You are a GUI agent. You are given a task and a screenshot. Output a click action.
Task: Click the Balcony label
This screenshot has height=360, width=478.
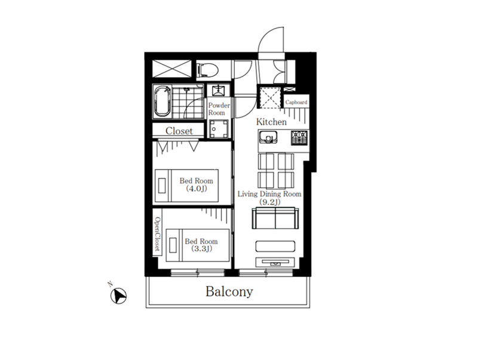pyautogui.click(x=229, y=291)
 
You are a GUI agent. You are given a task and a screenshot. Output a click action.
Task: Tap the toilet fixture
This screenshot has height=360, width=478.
pyautogui.click(x=207, y=70)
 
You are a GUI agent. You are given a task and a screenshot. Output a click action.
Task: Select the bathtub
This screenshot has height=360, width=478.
pyautogui.click(x=162, y=101)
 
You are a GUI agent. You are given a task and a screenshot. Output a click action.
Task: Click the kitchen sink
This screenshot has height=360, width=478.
pyautogui.click(x=268, y=137)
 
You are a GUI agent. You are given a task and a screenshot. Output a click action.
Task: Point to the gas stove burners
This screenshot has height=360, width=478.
pyautogui.click(x=299, y=138)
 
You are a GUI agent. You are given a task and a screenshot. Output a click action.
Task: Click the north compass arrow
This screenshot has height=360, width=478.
pyautogui.click(x=118, y=296)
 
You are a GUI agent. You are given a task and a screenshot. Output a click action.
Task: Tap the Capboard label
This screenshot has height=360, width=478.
pyautogui.click(x=296, y=102)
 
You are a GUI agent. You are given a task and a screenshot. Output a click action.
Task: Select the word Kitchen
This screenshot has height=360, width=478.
pyautogui.click(x=271, y=122)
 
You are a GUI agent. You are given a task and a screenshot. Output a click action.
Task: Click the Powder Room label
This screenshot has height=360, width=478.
pyautogui.click(x=219, y=109)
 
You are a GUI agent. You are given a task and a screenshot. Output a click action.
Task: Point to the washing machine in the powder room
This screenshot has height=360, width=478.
pyautogui.click(x=219, y=129)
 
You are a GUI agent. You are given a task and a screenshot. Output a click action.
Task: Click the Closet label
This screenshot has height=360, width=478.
pyautogui.click(x=179, y=131)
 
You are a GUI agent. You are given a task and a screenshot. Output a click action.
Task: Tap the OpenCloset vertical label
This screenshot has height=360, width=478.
pyautogui.click(x=157, y=234)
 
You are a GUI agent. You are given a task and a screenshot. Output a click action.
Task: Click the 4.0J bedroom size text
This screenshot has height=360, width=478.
pyautogui.click(x=197, y=189)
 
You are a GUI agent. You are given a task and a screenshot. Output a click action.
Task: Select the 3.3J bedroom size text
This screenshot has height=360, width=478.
pyautogui.click(x=201, y=249)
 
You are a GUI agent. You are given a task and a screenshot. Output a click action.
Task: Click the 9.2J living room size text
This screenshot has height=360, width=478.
pyautogui.click(x=270, y=202)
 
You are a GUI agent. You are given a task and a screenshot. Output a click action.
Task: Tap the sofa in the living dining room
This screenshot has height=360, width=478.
pyautogui.click(x=275, y=218)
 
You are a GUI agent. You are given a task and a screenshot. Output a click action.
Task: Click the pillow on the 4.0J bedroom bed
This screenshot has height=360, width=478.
pyautogui.click(x=162, y=186)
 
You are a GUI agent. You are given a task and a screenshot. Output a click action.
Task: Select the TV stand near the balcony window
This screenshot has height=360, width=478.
pyautogui.click(x=275, y=262)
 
